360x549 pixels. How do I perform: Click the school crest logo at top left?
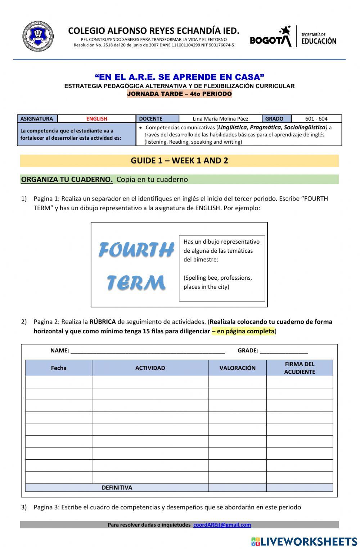pos(38,36)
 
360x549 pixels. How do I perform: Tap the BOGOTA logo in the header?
pos(271,37)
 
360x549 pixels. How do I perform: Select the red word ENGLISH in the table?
pos(96,119)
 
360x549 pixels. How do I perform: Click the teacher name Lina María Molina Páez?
pos(220,119)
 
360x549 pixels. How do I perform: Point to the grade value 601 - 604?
pos(316,119)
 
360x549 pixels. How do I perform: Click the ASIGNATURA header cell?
pos(37,119)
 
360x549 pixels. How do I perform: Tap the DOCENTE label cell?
pos(151,119)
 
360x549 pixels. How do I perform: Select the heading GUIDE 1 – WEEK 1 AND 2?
pos(179,161)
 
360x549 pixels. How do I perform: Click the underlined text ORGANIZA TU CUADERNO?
pos(67,179)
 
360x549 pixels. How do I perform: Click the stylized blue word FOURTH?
pos(136,250)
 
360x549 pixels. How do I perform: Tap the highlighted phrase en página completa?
pos(245,331)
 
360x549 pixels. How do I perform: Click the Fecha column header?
pos(59,368)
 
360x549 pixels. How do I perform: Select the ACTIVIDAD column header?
pos(150,368)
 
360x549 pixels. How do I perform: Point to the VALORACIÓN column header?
pos(238,368)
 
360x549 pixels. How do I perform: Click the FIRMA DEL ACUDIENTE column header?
pos(300,368)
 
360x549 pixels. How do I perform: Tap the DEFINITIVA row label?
pos(117,488)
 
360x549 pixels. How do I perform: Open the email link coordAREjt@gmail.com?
pos(222,525)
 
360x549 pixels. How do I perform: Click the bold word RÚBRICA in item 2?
pos(103,322)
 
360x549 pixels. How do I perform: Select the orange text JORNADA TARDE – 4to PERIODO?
pos(179,94)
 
